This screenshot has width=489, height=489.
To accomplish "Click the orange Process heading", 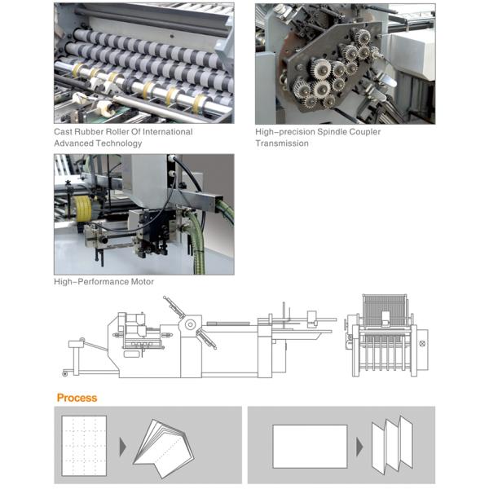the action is coord(77,398).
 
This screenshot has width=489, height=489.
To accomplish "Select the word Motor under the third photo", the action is coord(142,282).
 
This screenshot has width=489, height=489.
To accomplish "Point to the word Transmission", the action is coord(282,143).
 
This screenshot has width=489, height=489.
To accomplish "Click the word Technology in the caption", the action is coord(120,143).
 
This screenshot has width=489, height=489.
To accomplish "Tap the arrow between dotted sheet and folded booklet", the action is coord(122,447).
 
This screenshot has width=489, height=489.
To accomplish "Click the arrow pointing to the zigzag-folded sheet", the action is coord(359,447).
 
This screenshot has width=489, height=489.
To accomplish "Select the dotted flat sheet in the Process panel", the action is coord(84,446).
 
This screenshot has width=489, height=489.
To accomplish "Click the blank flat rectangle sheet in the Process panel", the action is coord(310,447).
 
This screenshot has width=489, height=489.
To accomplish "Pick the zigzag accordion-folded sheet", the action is coord(392,445).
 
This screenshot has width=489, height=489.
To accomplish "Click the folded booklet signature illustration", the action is coord(164,448).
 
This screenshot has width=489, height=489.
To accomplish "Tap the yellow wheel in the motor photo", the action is coord(82,209).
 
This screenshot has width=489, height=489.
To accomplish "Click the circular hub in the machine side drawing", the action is coord(190,324).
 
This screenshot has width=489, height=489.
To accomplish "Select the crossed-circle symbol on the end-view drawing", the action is coord(422,343).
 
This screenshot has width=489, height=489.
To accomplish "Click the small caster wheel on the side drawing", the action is coord(65,373).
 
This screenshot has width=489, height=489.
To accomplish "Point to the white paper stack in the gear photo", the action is coord(412,55).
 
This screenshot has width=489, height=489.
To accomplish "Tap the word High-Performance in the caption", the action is coord(91,282).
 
